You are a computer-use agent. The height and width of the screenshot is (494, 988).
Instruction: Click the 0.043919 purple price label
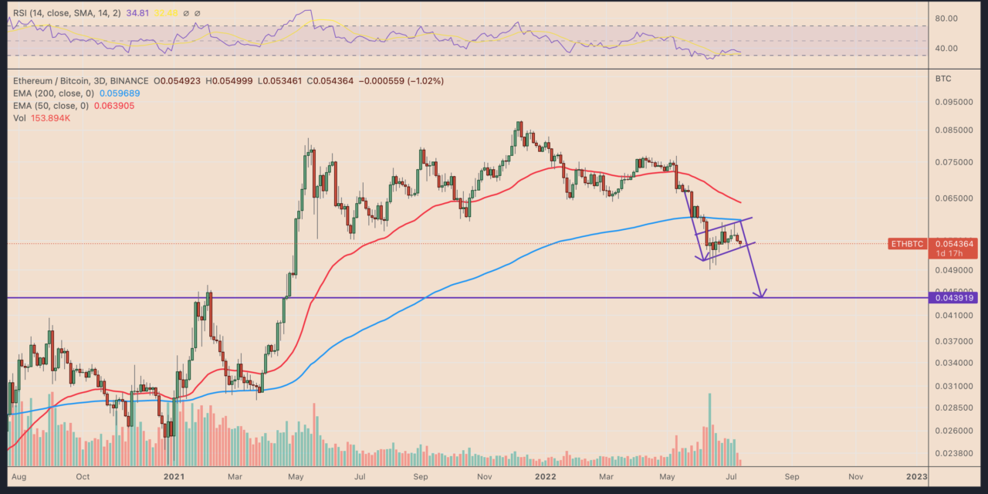click(x=956, y=298)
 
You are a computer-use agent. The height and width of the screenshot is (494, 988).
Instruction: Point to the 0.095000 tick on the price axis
click(x=951, y=101)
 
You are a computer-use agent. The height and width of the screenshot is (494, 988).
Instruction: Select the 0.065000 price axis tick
click(x=951, y=198)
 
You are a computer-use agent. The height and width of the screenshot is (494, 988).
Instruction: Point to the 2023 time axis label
click(x=916, y=477)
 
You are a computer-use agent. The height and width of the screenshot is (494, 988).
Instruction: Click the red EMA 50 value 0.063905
click(x=112, y=105)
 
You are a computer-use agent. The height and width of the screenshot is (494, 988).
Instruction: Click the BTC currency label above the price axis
click(x=943, y=80)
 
